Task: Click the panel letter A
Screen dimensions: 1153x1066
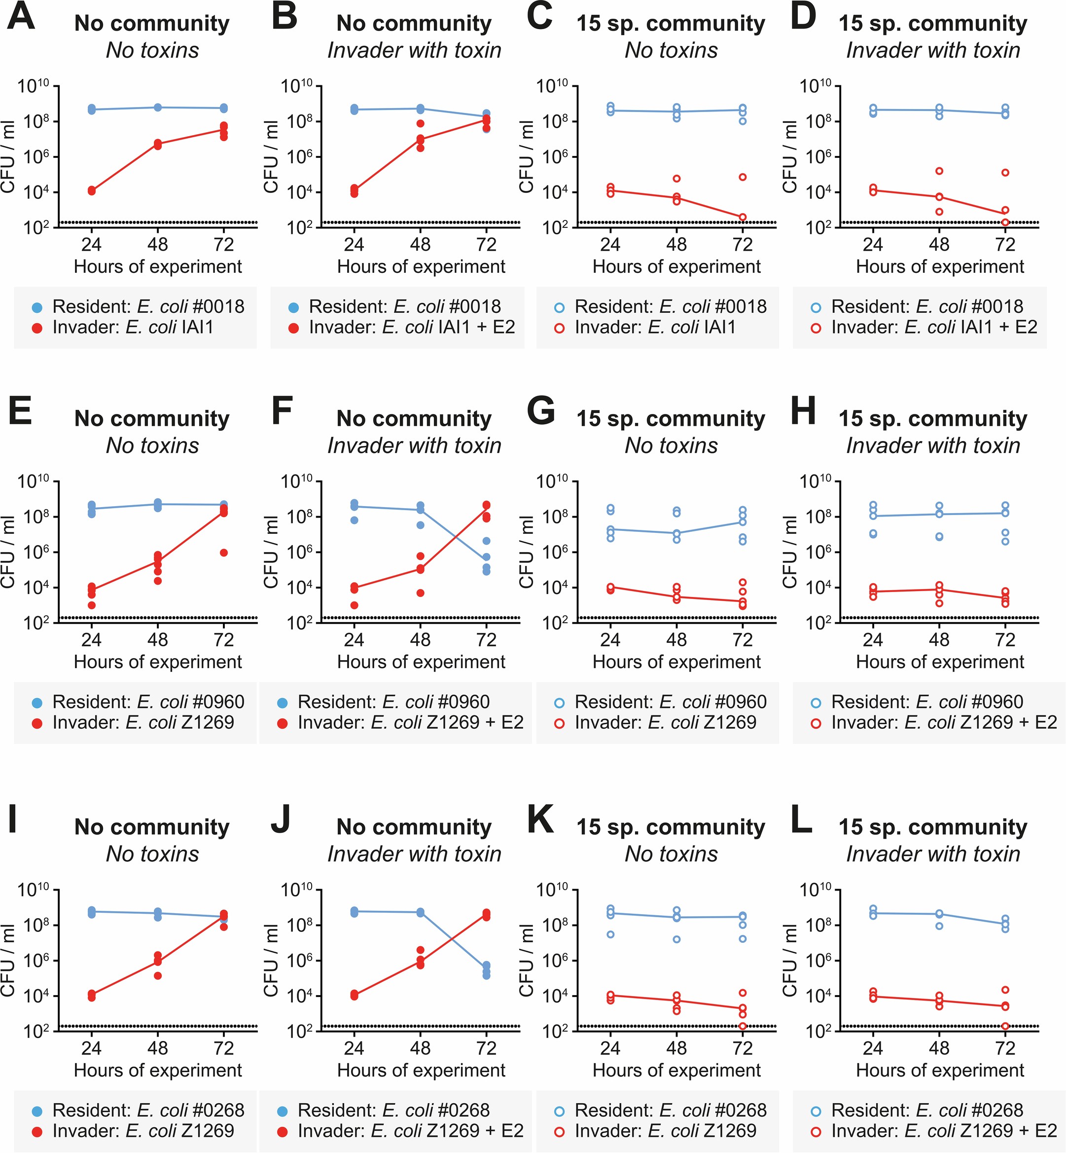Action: [x=21, y=17]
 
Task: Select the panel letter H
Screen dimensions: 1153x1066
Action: [x=803, y=412]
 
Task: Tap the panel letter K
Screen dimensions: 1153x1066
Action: [x=540, y=820]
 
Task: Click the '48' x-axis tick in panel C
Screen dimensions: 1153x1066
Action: [x=676, y=245]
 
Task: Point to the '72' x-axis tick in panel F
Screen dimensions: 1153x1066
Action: [x=486, y=640]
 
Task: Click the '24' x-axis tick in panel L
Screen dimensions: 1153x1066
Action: [x=873, y=1048]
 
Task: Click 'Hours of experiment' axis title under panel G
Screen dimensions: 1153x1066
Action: [x=676, y=662]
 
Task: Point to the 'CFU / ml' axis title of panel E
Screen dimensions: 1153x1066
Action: [x=8, y=552]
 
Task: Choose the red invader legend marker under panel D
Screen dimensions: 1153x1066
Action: [x=816, y=329]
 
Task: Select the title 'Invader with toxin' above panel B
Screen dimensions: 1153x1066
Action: [x=414, y=51]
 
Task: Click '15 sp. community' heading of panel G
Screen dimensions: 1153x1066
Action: [x=671, y=419]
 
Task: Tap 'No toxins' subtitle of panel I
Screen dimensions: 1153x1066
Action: [x=152, y=854]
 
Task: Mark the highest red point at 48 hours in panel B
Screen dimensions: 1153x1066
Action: [x=421, y=123]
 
